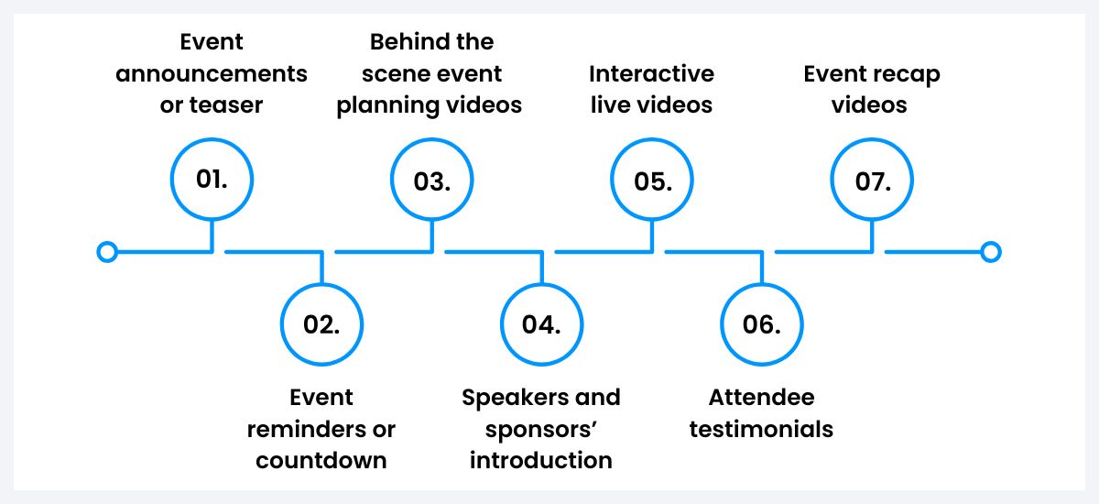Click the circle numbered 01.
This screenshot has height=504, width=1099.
(212, 180)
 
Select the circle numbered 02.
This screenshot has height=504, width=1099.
(321, 324)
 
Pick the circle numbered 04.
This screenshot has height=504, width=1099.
(541, 324)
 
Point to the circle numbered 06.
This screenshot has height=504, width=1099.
(761, 324)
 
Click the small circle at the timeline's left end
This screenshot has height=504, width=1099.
(107, 252)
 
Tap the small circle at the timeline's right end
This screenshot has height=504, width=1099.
(990, 252)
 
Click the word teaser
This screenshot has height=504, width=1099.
(225, 105)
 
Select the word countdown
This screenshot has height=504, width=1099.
(321, 460)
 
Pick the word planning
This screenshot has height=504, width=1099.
(391, 105)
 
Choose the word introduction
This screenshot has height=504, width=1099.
(541, 460)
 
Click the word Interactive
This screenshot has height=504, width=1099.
(651, 74)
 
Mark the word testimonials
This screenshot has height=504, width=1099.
(761, 429)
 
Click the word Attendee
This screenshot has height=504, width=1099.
(761, 398)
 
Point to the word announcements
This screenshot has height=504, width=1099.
(212, 74)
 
